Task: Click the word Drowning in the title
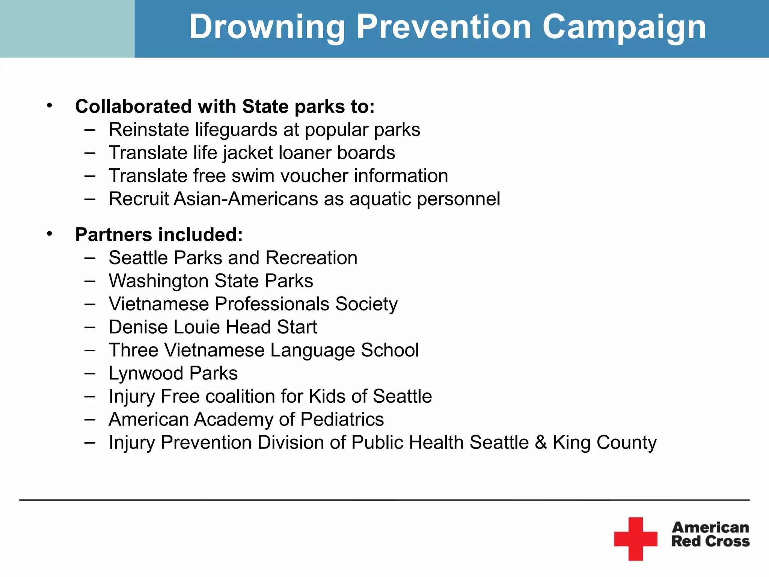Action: coord(267,27)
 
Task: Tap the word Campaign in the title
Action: coord(624,27)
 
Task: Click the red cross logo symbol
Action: coord(635,539)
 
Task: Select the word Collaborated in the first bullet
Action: coord(134,107)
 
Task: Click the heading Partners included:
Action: coord(159,235)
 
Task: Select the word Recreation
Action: coord(311,258)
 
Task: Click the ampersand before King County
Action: coord(541,443)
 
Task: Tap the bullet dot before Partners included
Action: coord(50,234)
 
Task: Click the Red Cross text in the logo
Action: coord(710,541)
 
